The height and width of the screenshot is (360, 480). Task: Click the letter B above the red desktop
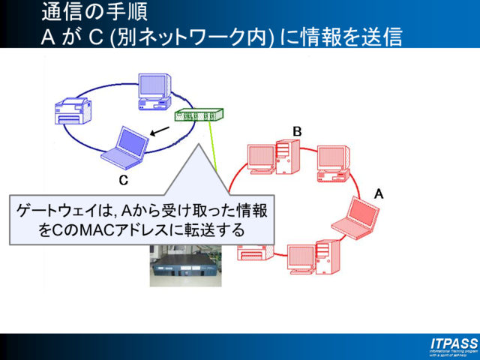[x=297, y=131]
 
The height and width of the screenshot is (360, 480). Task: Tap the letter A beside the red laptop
[x=379, y=193]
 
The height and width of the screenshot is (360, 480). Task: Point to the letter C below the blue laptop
[x=124, y=180]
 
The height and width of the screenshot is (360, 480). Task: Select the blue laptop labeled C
[x=123, y=148]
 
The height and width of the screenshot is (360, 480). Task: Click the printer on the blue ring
[x=76, y=110]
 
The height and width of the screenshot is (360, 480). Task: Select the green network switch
[x=199, y=115]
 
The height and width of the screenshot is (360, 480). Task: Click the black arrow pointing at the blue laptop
[x=159, y=132]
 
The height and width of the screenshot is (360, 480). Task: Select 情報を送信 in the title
[x=352, y=37]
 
